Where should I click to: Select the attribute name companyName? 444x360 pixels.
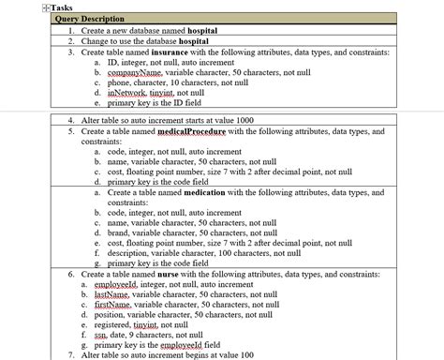134,72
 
